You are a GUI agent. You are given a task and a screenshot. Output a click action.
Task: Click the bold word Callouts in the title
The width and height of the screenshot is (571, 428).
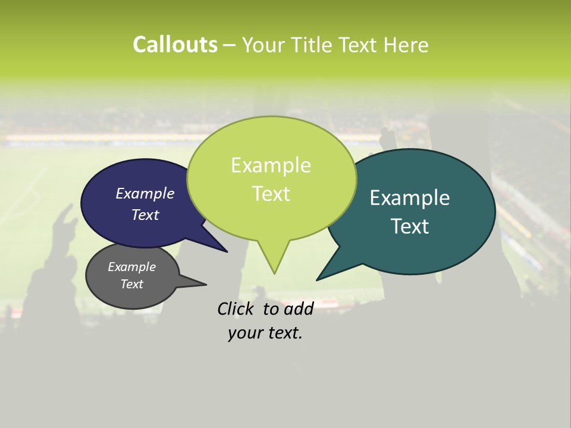(x=175, y=45)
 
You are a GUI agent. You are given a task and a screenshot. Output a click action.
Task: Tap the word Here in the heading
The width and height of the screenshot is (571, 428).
(x=407, y=45)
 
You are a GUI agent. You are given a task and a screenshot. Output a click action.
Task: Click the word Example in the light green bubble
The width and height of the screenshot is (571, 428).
(x=271, y=165)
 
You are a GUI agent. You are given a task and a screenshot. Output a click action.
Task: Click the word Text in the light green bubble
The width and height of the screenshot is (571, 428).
(x=271, y=194)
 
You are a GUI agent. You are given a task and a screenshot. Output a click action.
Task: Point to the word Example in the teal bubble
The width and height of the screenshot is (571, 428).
(x=410, y=198)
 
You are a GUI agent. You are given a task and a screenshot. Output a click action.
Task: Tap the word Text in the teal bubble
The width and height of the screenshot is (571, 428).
(x=410, y=226)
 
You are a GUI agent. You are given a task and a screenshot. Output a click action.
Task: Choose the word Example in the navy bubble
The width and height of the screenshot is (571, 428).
(x=145, y=194)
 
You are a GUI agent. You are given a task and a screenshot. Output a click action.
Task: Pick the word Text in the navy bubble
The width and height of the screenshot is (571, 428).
(x=145, y=215)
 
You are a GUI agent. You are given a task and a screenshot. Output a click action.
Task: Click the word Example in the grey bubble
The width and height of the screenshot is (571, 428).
(x=132, y=267)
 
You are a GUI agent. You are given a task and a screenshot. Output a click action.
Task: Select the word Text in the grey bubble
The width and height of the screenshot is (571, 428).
(x=132, y=284)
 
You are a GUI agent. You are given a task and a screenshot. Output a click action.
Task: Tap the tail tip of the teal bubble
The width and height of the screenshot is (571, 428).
(x=318, y=279)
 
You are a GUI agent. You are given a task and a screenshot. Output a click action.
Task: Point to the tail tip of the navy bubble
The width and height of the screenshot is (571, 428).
(x=226, y=251)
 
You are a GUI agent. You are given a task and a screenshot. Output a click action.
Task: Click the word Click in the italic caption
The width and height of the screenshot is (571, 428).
(x=235, y=309)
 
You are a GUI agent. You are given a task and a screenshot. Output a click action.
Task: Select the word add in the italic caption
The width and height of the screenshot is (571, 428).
(x=299, y=309)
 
